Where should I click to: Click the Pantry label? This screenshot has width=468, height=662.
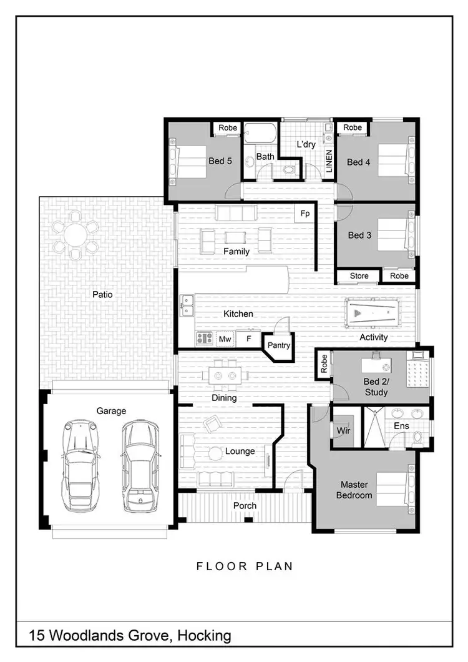(278, 345)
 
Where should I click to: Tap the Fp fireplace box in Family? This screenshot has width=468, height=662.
(305, 214)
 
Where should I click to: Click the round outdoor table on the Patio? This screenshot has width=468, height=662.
(76, 235)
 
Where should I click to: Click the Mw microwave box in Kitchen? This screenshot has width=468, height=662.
(225, 339)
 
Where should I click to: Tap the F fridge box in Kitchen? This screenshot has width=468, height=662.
(248, 339)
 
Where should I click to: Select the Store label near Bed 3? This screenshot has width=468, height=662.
(359, 276)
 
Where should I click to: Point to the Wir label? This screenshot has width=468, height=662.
(344, 431)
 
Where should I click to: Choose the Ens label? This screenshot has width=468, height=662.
(401, 425)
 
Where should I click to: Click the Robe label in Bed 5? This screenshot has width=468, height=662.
(228, 128)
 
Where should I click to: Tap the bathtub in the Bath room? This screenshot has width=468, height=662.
(260, 134)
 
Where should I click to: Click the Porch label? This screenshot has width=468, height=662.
(245, 505)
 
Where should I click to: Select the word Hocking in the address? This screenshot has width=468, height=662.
(204, 636)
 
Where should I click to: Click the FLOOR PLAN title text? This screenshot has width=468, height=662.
(245, 566)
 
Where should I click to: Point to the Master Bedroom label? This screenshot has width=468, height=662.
(354, 490)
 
